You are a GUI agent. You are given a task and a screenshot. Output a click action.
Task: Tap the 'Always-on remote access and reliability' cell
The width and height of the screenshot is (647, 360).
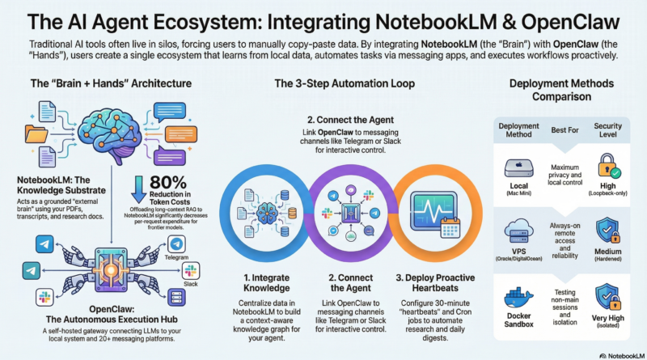[x=565, y=235]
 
